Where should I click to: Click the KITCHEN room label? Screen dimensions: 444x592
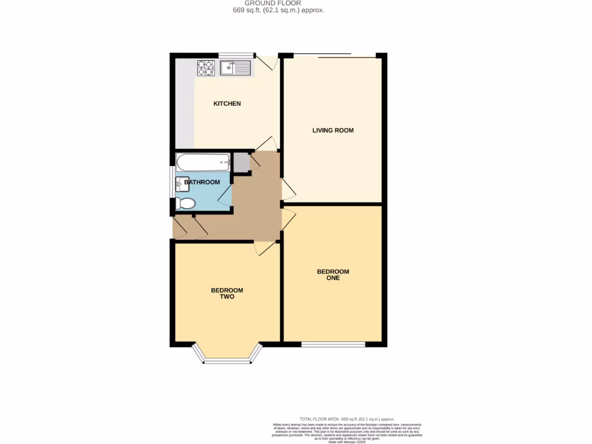[227, 103]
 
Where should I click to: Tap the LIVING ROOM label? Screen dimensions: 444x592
[333, 130]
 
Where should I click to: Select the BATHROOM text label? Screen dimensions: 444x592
[202, 182]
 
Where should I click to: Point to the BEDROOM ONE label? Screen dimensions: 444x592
[333, 275]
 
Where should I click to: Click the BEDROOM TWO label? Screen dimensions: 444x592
[227, 293]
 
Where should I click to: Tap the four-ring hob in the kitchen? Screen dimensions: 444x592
[205, 68]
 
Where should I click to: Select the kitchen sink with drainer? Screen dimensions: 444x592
[235, 68]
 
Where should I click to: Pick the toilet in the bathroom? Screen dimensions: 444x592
[186, 203]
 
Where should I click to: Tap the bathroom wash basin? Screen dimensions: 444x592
[181, 184]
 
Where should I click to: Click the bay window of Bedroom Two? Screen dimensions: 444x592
[227, 360]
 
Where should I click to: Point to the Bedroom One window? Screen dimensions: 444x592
[333, 345]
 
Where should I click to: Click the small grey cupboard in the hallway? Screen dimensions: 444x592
[242, 162]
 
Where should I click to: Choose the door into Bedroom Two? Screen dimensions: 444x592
[265, 247]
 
